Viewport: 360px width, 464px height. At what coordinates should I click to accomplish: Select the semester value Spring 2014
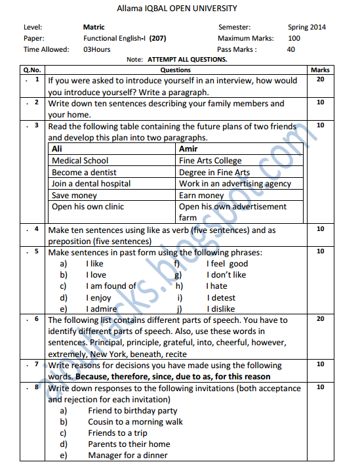(306, 28)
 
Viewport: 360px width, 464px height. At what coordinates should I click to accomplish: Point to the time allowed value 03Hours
(97, 49)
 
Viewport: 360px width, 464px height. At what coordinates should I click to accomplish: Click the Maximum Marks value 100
(294, 38)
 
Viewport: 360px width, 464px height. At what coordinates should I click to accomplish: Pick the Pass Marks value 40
(291, 49)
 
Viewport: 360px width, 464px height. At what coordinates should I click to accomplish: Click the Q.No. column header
(31, 70)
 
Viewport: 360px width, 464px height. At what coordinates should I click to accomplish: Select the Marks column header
(320, 70)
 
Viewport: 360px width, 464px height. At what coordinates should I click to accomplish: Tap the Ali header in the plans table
(57, 149)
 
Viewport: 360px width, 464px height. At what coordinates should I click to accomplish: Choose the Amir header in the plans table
(189, 149)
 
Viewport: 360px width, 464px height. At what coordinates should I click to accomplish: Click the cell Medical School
(80, 160)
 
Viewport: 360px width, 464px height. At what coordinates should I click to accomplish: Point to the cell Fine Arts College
(210, 160)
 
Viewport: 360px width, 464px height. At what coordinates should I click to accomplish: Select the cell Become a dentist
(85, 172)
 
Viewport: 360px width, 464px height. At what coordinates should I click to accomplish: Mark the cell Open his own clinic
(88, 206)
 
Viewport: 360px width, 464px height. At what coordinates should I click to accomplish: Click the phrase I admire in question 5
(101, 308)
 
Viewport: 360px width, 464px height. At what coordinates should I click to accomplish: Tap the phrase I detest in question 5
(221, 297)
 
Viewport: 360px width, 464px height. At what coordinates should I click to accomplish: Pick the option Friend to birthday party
(132, 411)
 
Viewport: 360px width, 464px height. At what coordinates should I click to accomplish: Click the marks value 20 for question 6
(320, 318)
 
